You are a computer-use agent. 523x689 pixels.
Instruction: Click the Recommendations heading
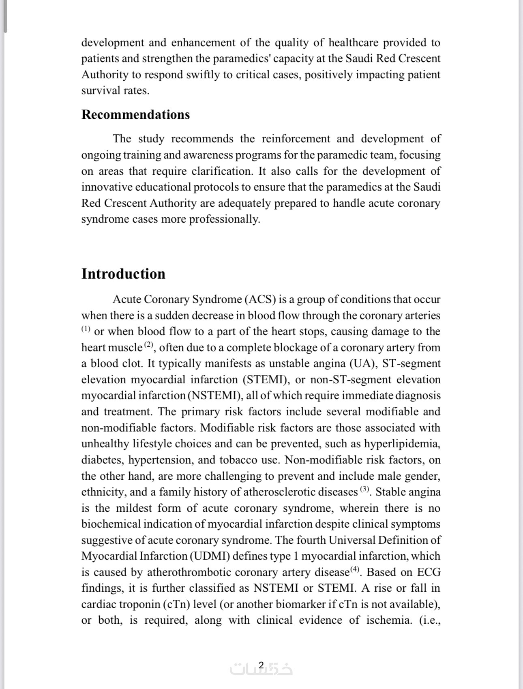click(x=135, y=115)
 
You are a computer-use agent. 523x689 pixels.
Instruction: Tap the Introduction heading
click(x=123, y=274)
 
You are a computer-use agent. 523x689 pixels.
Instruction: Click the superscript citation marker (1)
click(x=86, y=328)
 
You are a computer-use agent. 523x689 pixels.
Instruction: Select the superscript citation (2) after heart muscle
click(x=149, y=345)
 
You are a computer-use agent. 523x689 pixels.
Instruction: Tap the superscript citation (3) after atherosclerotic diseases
click(x=365, y=489)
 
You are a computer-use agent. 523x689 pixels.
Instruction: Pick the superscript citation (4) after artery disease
click(x=355, y=569)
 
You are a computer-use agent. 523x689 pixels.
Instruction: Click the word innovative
click(x=106, y=187)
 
